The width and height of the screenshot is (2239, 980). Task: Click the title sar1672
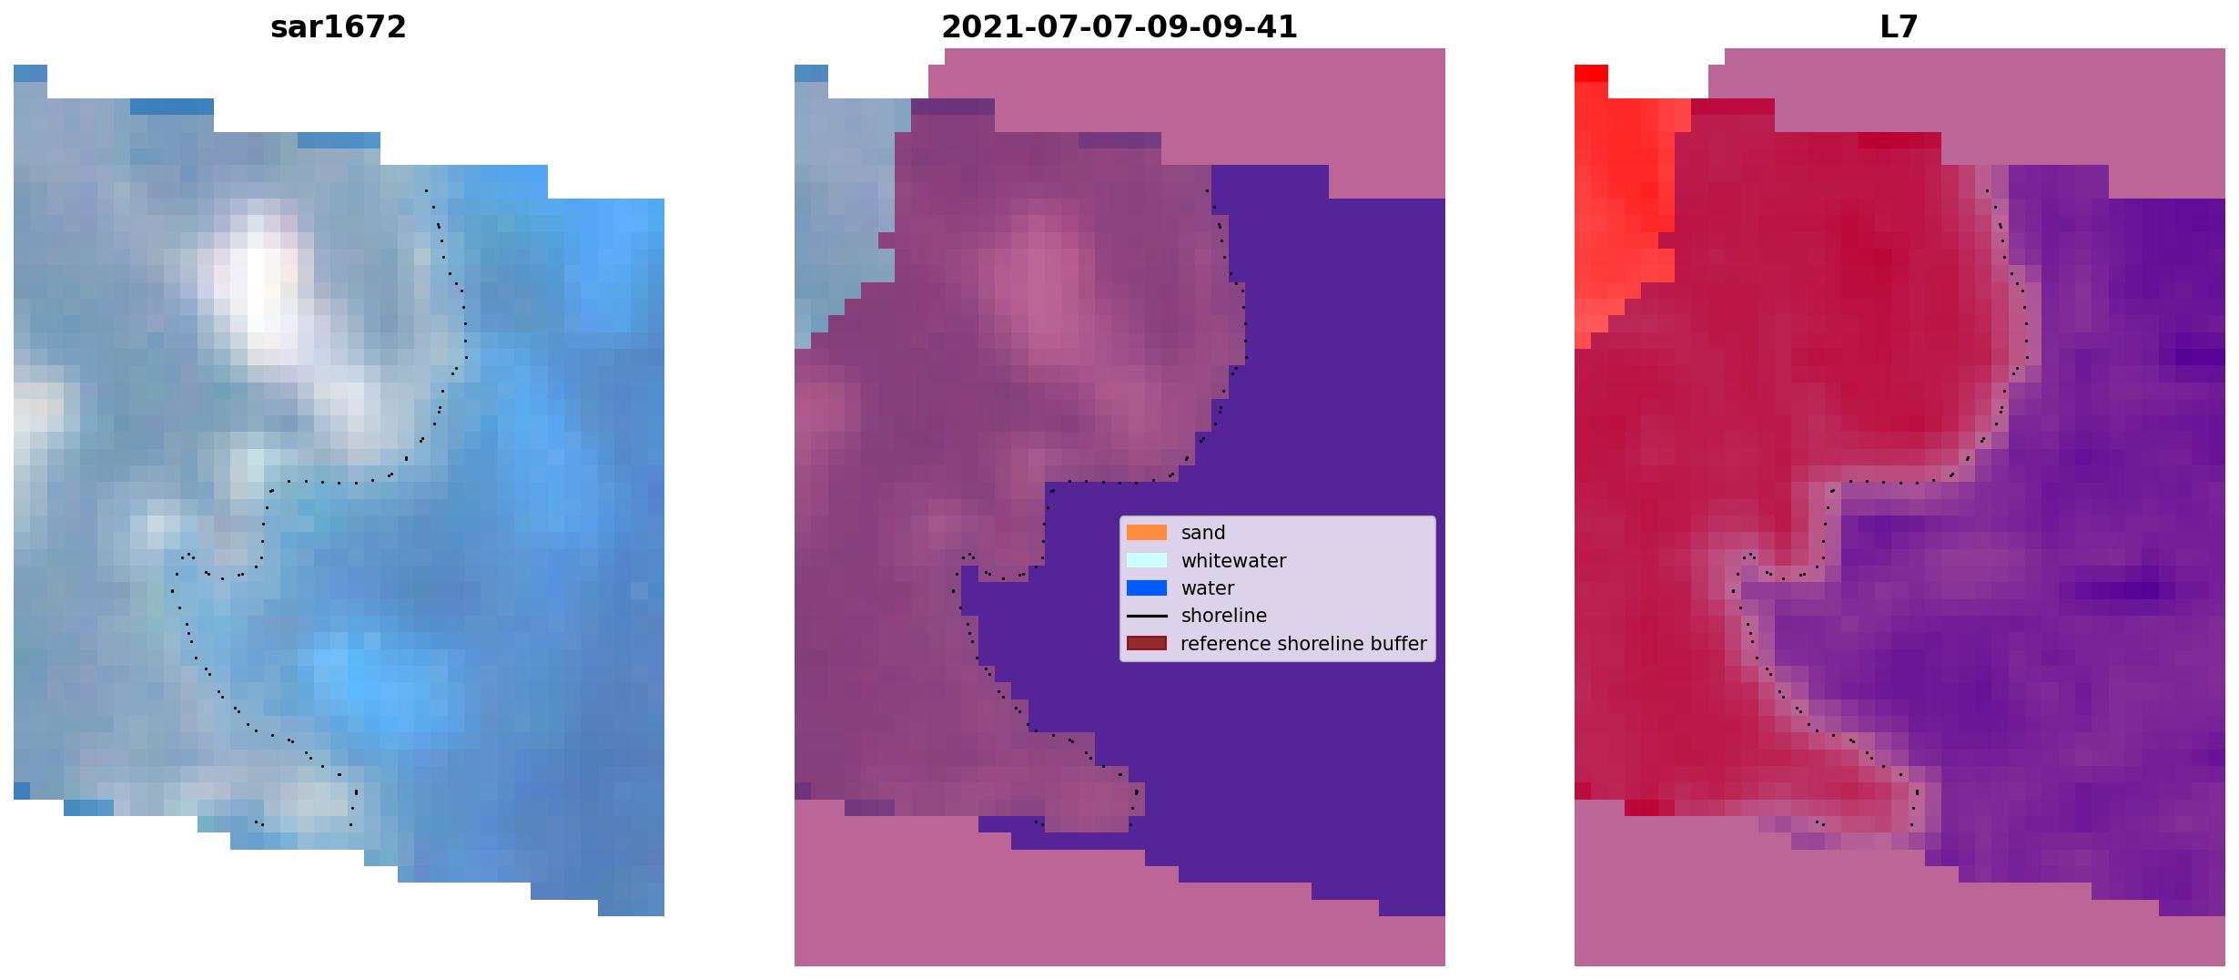coord(338,27)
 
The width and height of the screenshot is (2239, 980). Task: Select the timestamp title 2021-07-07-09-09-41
coord(1119,27)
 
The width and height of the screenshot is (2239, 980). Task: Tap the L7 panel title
coord(1899,27)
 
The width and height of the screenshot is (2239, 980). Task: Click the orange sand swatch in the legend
coord(1147,533)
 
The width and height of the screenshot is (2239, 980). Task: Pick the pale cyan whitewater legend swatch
coord(1147,560)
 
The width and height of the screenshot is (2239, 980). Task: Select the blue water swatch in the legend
coord(1147,588)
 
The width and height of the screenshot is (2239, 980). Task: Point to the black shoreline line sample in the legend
coord(1147,617)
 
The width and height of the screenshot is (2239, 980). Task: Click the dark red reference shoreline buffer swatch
coord(1147,644)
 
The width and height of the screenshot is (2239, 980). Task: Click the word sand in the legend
coord(1203,533)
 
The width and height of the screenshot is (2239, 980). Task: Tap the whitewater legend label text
coord(1233,561)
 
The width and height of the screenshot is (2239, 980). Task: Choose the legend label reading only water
coord(1208,588)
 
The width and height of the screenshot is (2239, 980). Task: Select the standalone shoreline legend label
coord(1224,616)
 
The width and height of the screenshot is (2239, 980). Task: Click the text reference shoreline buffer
coord(1303,644)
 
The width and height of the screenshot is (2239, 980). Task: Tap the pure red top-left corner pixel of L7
coord(1591,73)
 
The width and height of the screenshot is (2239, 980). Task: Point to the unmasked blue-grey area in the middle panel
coord(842,209)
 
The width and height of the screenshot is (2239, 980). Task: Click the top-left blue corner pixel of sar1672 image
coord(30,73)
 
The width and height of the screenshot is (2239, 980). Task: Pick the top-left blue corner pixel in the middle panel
coord(811,73)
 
